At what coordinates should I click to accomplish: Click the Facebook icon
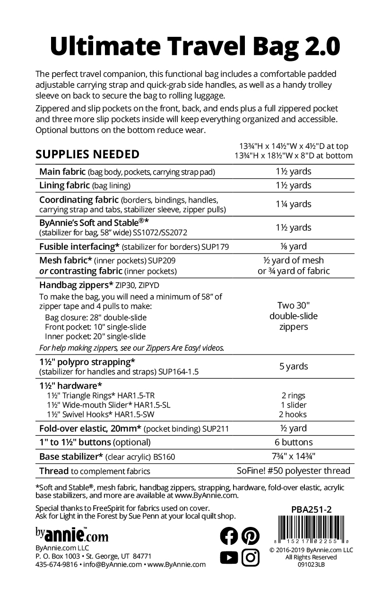pos(230,535)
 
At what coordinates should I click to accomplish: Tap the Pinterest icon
pos(251,535)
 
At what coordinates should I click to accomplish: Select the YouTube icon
pos(230,558)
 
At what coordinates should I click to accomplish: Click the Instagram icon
pos(251,558)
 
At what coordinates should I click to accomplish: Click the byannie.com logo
pos(72,534)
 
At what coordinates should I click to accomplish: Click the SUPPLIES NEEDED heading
pos(87,154)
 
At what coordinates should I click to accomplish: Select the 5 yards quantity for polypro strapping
pos(294,366)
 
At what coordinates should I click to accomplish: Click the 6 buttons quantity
pos(294,442)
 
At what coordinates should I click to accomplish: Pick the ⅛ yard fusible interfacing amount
pos(294,246)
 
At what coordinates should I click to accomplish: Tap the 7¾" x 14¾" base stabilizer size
pos(294,457)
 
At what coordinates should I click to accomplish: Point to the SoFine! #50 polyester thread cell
pos(294,471)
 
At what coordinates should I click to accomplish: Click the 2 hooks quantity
pos(294,415)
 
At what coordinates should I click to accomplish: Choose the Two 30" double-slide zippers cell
pos(294,316)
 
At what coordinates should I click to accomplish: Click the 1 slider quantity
pos(294,405)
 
